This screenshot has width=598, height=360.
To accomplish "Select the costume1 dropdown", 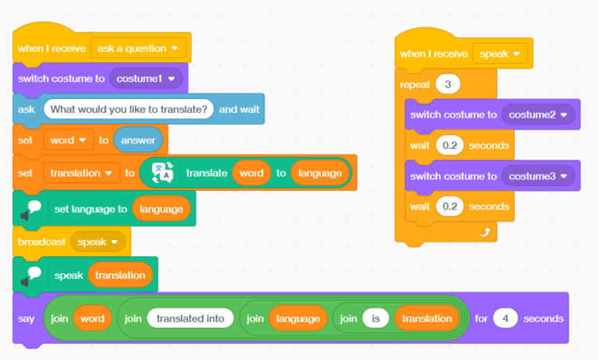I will point(146,78).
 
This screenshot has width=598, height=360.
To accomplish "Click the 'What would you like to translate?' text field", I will point(128,109).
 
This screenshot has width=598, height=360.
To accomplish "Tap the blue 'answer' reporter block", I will point(138,141).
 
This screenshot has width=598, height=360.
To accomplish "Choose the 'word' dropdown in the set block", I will point(69,141).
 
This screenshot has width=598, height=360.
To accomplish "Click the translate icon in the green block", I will point(163,173).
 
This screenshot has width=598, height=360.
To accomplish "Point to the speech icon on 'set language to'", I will point(30,209).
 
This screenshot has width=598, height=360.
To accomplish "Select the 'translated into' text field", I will point(190,319).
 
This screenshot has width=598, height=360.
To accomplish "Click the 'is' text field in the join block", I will point(375,319).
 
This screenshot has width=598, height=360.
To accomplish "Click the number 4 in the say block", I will point(505,319).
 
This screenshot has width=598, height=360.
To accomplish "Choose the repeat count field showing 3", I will point(448,84).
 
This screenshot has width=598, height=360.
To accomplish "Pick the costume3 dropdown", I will point(537,176).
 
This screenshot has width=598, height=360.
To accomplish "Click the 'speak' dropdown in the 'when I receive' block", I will point(500,54).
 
